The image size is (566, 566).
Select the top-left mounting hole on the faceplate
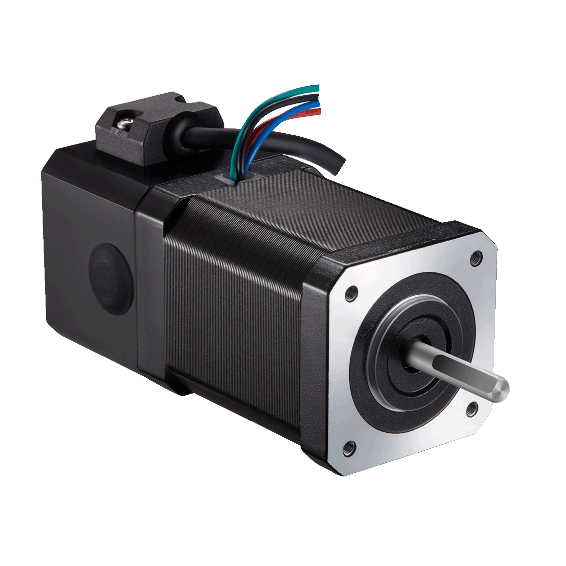tap(351, 293)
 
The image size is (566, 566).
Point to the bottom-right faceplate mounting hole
tap(472, 409)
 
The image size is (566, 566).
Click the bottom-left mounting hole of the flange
tap(349, 449)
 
